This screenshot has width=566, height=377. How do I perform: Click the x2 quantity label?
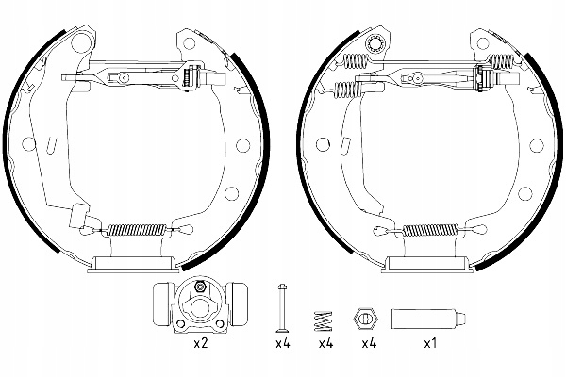199,344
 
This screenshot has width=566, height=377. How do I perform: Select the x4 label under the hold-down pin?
281,344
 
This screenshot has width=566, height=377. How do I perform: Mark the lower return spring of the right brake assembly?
435,229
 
